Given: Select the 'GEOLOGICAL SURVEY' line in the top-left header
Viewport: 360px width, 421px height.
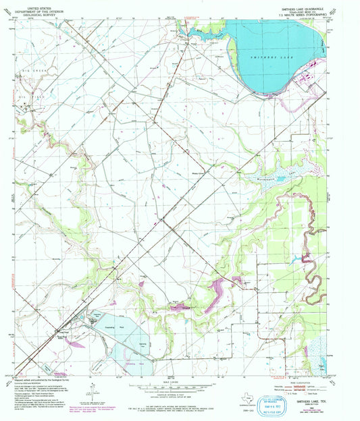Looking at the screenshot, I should coord(33,13).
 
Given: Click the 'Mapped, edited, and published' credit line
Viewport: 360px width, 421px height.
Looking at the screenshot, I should coord(51,381).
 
